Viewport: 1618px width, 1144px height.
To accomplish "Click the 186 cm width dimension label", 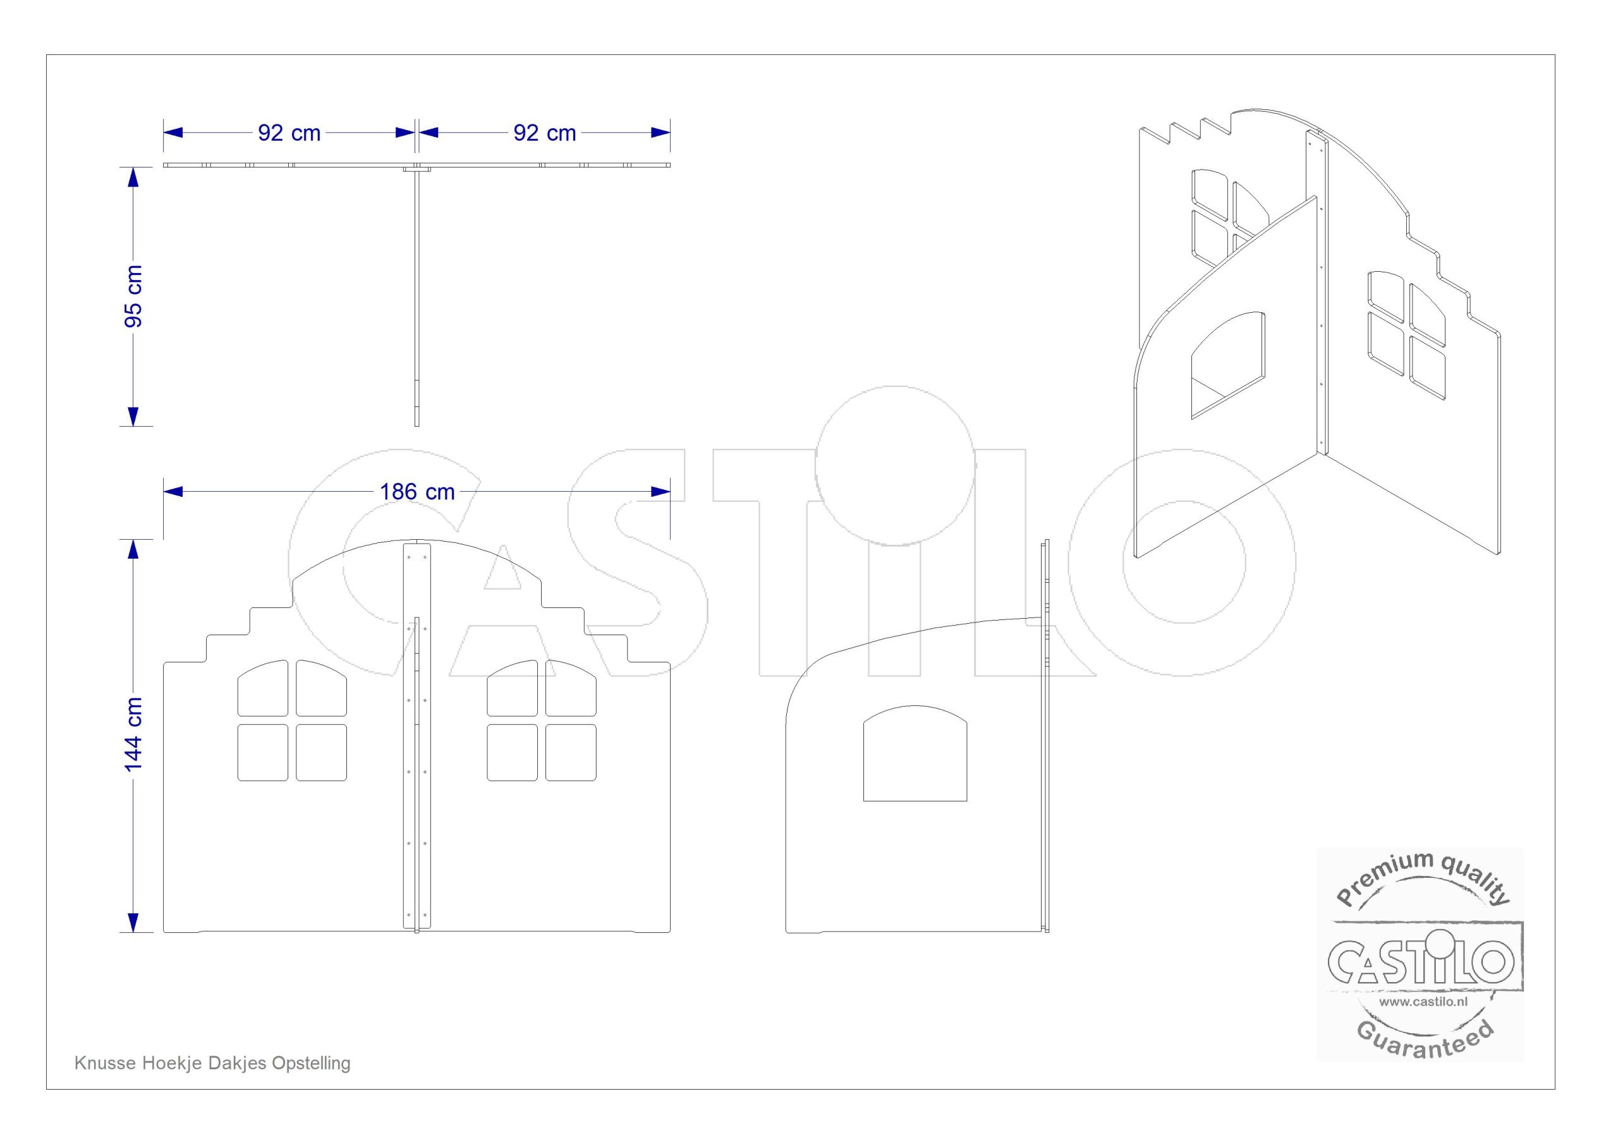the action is coord(417,491).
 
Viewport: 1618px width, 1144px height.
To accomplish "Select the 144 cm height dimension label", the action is coord(133,734).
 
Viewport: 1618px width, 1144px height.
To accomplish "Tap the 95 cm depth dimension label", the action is coord(133,297).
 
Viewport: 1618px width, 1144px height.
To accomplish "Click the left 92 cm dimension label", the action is coord(289,133).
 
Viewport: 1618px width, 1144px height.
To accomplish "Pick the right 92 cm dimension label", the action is coord(545,133).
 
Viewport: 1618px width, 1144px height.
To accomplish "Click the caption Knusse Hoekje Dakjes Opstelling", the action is coord(212,1062).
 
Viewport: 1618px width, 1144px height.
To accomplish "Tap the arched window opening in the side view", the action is coord(915,753).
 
